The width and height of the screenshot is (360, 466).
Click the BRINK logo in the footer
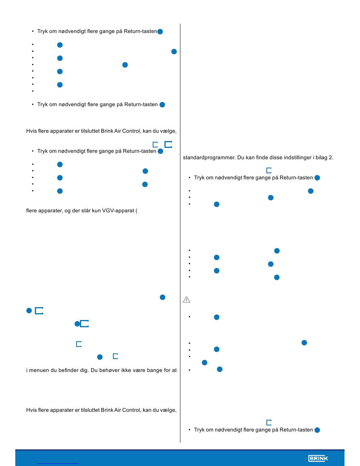(x=318, y=458)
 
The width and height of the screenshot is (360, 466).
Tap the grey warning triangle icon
(x=186, y=300)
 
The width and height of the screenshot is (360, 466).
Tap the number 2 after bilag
(x=330, y=157)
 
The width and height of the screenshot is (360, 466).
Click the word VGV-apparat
(x=118, y=210)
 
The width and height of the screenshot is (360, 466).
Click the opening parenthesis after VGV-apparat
(x=136, y=210)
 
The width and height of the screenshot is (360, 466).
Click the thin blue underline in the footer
(x=58, y=464)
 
